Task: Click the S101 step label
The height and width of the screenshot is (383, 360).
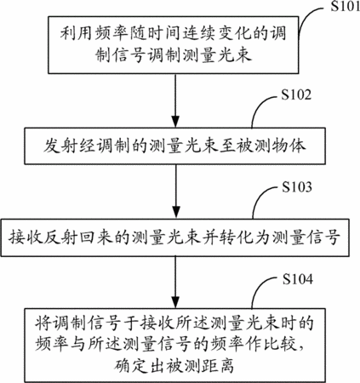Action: coord(345,6)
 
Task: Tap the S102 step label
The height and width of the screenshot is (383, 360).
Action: coord(296,94)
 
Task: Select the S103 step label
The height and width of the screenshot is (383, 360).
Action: coord(297,186)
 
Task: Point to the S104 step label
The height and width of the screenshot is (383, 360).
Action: coord(298,279)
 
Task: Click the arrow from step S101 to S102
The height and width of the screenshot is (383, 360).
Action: coord(175,100)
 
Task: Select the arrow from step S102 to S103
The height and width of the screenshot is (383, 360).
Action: coord(176,191)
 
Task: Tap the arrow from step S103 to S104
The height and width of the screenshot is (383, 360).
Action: coord(176,283)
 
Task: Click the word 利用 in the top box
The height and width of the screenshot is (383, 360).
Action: coord(77,33)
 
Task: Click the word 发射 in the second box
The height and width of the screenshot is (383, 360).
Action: coord(60,146)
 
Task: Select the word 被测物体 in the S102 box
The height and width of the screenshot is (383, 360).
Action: coord(271,146)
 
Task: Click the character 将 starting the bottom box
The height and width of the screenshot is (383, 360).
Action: coord(43,323)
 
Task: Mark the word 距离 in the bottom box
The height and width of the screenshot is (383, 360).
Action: coord(218,366)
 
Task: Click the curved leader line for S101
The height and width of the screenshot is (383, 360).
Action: coord(308,15)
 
